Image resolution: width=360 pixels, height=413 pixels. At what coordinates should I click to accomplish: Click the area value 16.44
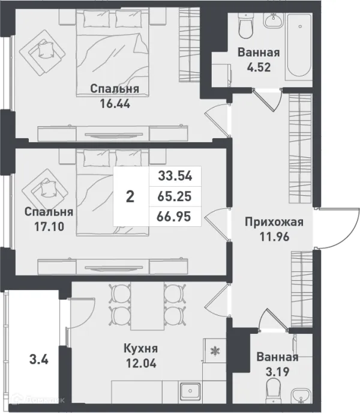tap(115, 103)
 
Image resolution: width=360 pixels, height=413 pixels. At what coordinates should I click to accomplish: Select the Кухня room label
tap(140, 348)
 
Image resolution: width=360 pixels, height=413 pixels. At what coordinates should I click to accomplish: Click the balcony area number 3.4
tap(38, 361)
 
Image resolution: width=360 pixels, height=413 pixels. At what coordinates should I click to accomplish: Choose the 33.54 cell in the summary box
tap(175, 176)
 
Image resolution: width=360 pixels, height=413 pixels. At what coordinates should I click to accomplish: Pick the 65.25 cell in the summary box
tap(175, 196)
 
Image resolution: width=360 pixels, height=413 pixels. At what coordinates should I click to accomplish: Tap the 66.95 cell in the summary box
tap(175, 216)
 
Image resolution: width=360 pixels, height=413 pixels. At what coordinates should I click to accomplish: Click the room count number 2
tap(130, 197)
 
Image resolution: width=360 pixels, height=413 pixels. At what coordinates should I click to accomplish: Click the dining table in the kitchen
tap(147, 306)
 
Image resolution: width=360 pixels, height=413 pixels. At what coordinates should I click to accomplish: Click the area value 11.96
tap(274, 237)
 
